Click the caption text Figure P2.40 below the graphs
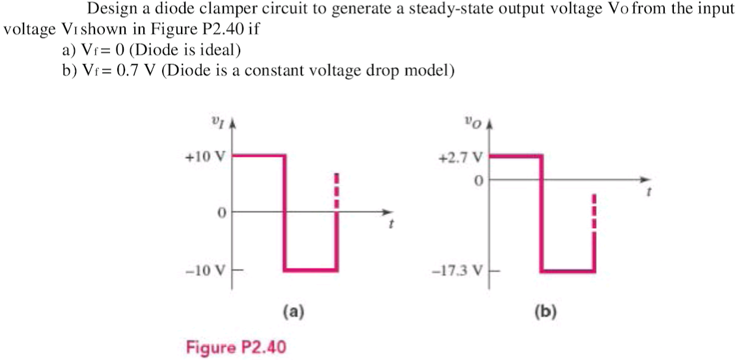[236, 347]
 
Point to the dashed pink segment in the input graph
[337, 190]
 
